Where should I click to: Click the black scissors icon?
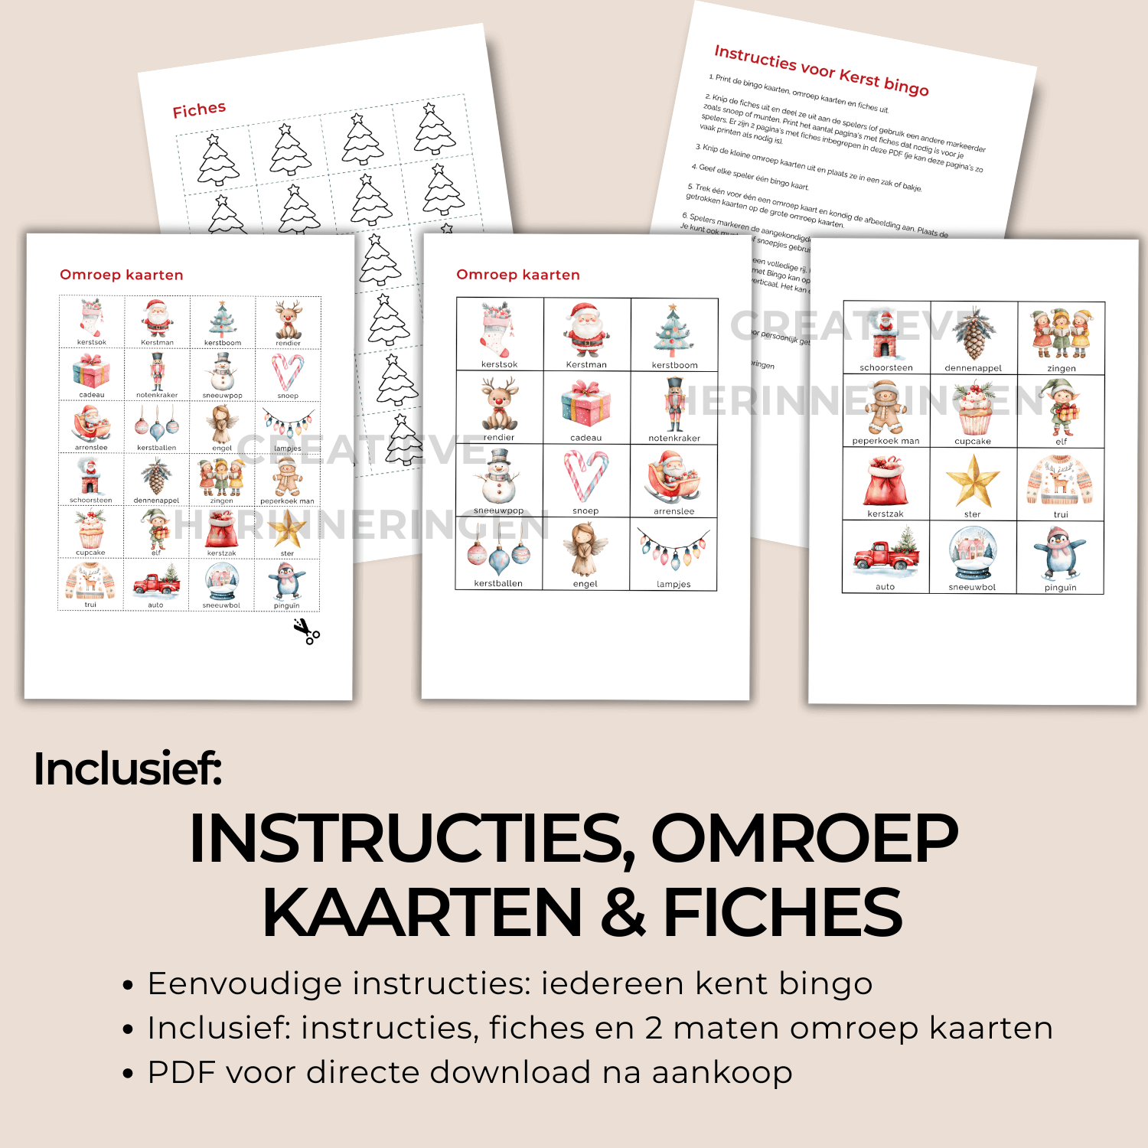[x=307, y=631]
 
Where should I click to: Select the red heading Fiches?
[x=199, y=109]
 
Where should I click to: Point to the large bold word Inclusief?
[x=128, y=768]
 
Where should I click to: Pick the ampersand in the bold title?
[x=622, y=912]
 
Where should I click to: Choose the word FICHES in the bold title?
[x=783, y=912]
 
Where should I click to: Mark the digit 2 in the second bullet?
[x=654, y=1028]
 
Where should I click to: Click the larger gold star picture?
[x=973, y=481]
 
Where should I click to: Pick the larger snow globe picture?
[x=973, y=553]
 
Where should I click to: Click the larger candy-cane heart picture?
[x=586, y=475]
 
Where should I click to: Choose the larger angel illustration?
[x=585, y=549]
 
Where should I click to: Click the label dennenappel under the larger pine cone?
[x=973, y=368]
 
